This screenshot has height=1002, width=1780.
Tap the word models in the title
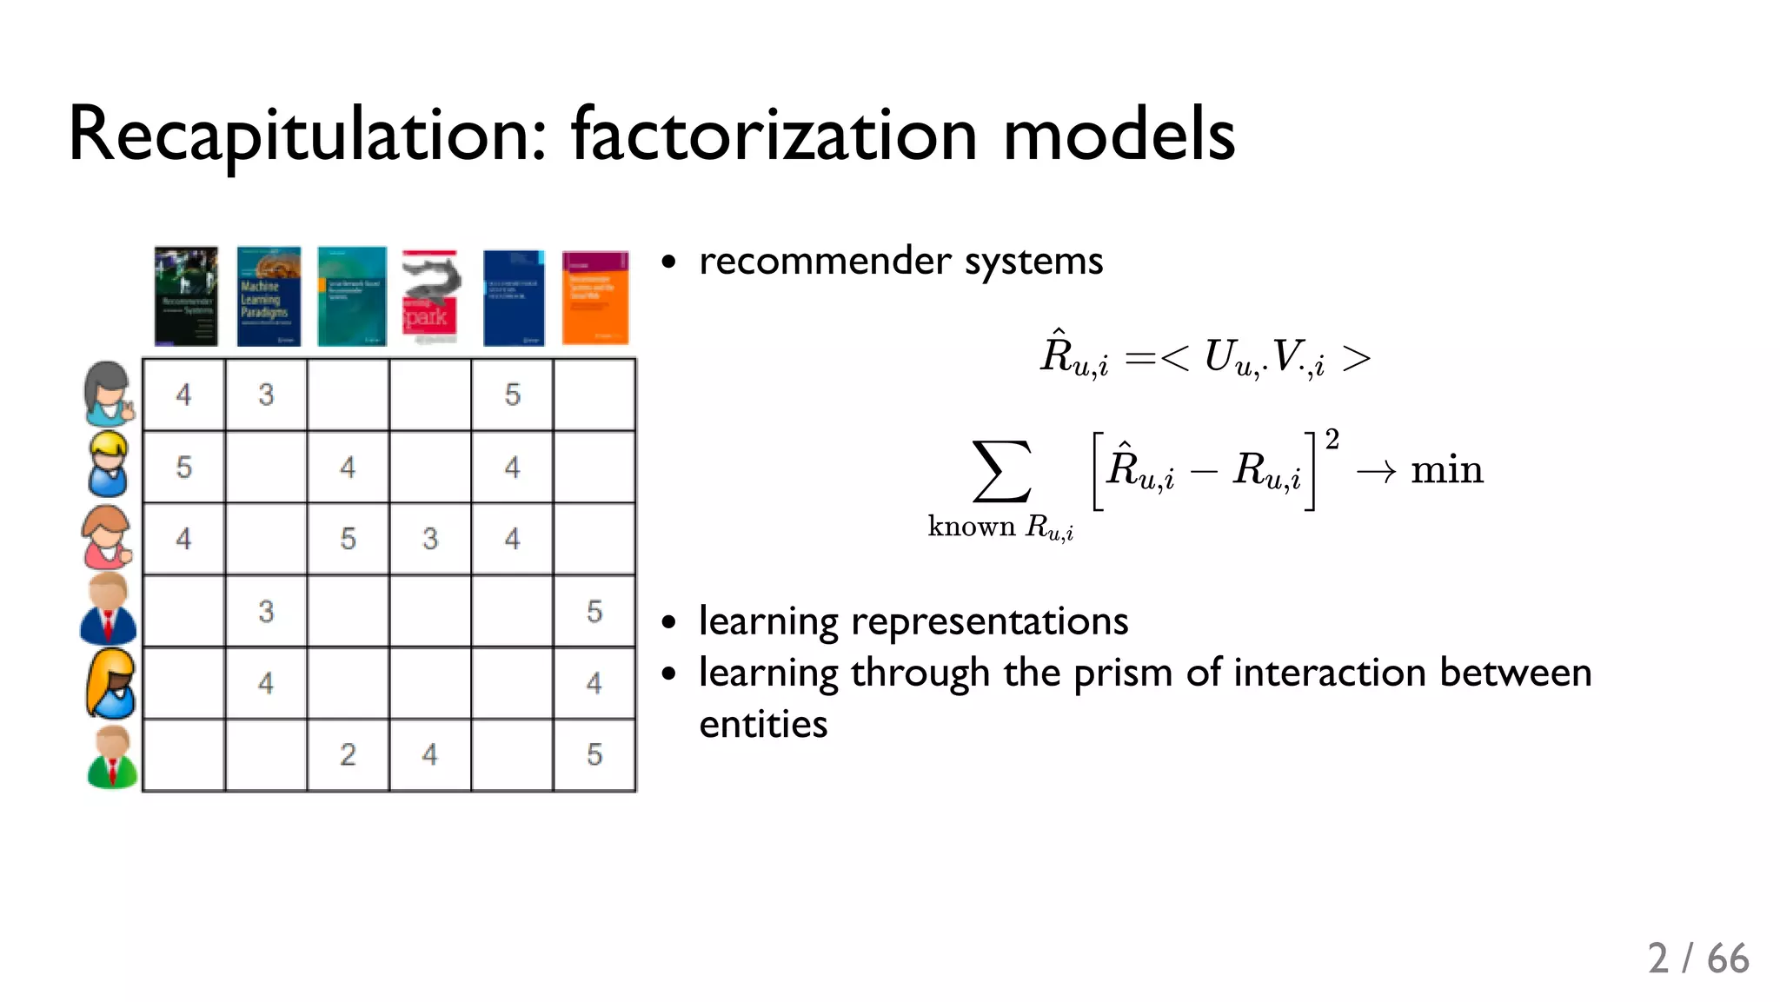(1119, 135)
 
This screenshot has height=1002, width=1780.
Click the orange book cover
(595, 297)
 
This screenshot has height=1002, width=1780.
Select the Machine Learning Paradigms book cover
(269, 296)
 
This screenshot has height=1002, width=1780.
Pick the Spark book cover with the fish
(430, 296)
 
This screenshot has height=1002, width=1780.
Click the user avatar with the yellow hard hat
(109, 464)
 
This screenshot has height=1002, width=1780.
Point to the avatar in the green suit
(112, 758)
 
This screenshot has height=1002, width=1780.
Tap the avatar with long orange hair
(111, 684)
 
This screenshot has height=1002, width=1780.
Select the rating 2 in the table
(348, 754)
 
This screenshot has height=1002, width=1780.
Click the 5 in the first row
(513, 395)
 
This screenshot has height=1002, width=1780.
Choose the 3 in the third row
(430, 539)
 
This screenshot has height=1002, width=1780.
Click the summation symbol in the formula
(1001, 471)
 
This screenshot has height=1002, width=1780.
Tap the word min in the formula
(1446, 470)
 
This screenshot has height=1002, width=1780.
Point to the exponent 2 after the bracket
(1332, 439)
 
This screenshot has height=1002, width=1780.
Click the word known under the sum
(971, 527)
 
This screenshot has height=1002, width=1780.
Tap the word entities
(763, 725)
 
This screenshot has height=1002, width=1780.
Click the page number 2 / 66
(1697, 959)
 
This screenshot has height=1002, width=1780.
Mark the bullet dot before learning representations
(668, 622)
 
